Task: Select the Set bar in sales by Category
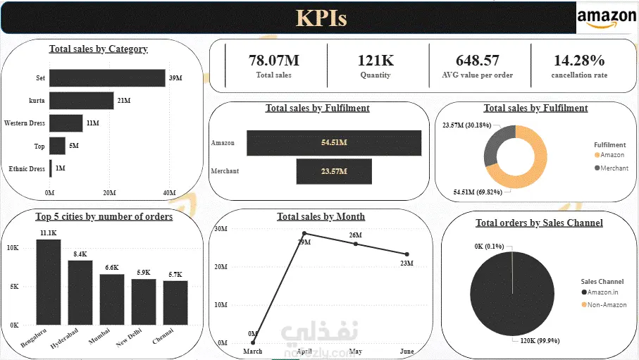106,77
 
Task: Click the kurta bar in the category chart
81,101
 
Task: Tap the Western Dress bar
66,123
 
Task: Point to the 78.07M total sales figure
274,61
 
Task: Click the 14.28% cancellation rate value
579,61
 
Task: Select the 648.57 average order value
478,61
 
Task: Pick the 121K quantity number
376,61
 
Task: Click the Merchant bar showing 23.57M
333,171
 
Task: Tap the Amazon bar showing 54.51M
333,143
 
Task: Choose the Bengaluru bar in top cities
49,282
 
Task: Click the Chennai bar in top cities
175,303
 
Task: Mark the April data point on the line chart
304,233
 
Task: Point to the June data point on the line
407,254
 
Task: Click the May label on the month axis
355,351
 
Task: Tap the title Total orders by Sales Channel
539,223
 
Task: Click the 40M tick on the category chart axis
169,192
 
